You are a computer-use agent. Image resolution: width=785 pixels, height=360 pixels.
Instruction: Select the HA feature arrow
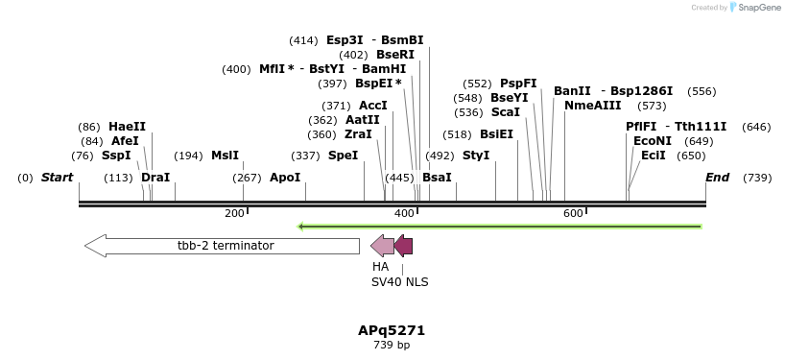(x=382, y=246)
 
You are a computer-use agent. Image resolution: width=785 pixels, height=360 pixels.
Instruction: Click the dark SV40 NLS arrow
(x=404, y=246)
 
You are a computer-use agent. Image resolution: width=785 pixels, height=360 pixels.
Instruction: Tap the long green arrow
(x=499, y=227)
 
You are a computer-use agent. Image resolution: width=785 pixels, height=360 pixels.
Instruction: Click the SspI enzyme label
(x=115, y=156)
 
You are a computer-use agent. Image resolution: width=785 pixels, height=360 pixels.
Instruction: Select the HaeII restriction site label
(x=127, y=127)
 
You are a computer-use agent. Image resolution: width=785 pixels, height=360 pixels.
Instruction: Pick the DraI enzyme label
(x=155, y=178)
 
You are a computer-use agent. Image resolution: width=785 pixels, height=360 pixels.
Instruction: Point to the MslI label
(x=225, y=156)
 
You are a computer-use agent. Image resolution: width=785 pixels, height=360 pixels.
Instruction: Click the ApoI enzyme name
(x=284, y=178)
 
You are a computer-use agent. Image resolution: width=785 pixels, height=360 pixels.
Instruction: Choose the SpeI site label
(x=343, y=156)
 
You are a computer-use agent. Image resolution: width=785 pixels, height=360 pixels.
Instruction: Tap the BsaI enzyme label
(x=437, y=178)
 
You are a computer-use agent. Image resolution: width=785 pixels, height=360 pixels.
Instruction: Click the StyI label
(x=475, y=156)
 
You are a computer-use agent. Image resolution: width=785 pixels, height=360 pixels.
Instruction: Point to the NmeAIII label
(x=592, y=106)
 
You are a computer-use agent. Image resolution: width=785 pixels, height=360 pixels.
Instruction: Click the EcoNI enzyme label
(x=652, y=141)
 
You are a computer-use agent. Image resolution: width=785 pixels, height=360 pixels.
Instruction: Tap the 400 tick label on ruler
(x=404, y=213)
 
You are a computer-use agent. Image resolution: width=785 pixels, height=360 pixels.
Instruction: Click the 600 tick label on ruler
(x=573, y=213)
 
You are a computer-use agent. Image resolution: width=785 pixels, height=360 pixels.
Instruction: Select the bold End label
(x=717, y=178)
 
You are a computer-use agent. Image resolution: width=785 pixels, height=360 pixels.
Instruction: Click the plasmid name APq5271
(x=392, y=330)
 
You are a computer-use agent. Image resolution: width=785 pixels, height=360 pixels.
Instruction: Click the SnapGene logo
(x=755, y=8)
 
